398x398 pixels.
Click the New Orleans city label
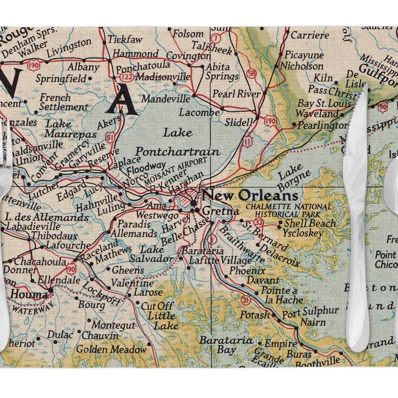(x=249, y=196)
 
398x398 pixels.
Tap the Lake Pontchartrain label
(x=177, y=142)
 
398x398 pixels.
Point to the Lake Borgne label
(x=290, y=181)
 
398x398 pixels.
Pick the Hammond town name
(x=135, y=54)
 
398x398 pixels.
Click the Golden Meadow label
(x=112, y=349)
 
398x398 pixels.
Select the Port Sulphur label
(x=310, y=311)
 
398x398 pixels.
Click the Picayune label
(x=303, y=55)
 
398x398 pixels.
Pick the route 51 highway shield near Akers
(x=110, y=137)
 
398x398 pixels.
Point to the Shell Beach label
(x=310, y=223)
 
